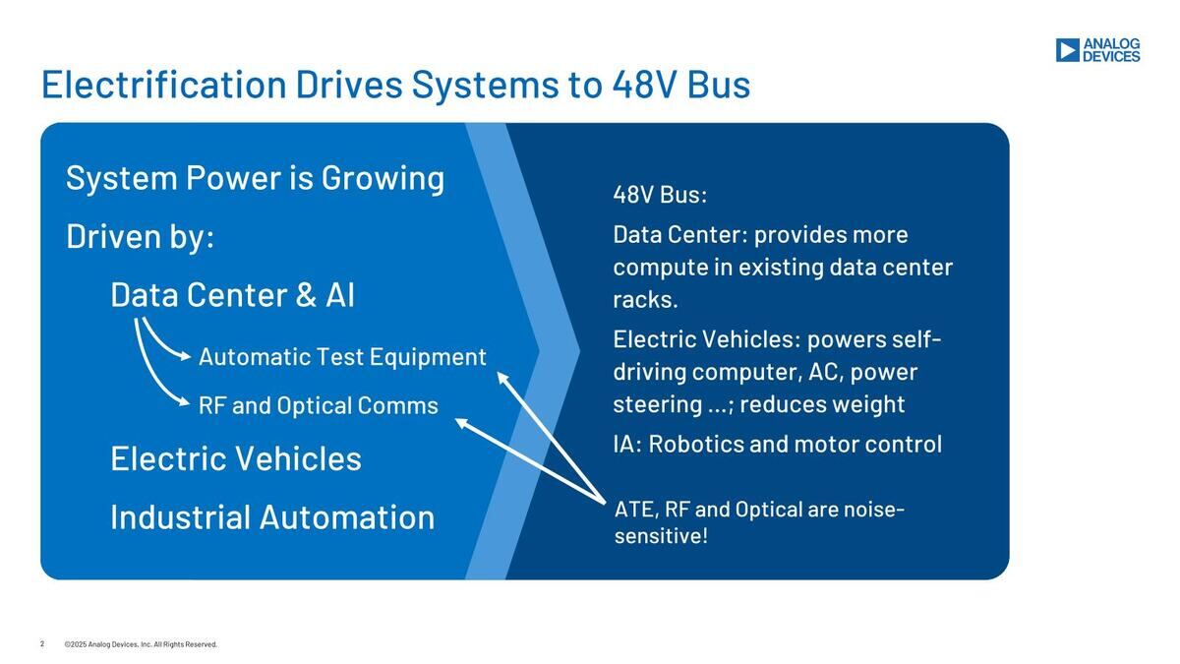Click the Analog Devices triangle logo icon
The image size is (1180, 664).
point(1067,50)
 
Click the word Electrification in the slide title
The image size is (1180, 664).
point(164,85)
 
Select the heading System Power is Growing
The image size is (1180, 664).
point(256,179)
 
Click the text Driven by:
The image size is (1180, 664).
point(140,237)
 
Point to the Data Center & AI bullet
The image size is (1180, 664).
point(233,294)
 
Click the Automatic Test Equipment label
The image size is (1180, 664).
point(342,357)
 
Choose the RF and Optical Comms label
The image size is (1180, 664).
point(319,405)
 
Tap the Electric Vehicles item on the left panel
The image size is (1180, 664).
point(236,458)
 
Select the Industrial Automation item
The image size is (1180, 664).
point(273,517)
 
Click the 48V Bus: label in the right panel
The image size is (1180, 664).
point(660,195)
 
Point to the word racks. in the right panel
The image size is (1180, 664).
point(645,300)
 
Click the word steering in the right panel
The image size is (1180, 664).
point(658,405)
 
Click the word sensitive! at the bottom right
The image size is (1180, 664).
point(661,536)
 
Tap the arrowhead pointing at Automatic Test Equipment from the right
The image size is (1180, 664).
point(502,378)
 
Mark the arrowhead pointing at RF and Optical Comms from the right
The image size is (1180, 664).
point(461,423)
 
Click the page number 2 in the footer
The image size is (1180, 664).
point(42,644)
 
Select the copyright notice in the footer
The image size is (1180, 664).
point(141,644)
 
